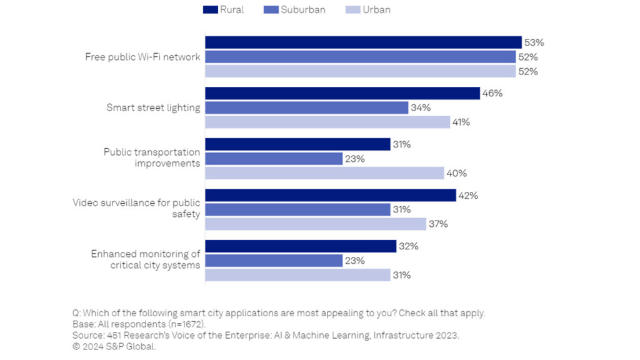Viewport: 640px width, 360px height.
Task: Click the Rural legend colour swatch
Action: pyautogui.click(x=211, y=10)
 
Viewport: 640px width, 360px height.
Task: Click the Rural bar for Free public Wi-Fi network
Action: pyautogui.click(x=363, y=42)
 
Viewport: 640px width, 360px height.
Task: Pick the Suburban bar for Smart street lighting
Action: pyautogui.click(x=306, y=107)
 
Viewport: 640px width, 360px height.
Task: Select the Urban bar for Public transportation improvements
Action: pyautogui.click(x=324, y=173)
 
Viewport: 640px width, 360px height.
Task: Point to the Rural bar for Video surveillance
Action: pyautogui.click(x=331, y=195)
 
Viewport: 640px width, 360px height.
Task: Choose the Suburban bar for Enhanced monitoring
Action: pyautogui.click(x=274, y=261)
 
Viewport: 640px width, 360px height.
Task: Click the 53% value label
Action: pyautogui.click(x=534, y=42)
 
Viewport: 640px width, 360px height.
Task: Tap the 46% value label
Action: pyautogui.click(x=492, y=93)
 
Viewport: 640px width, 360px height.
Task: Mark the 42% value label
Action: pyautogui.click(x=468, y=195)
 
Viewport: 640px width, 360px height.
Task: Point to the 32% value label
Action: pyautogui.click(x=409, y=246)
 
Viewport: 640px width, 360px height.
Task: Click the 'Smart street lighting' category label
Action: pyautogui.click(x=153, y=107)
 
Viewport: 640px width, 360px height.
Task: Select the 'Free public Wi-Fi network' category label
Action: pyautogui.click(x=142, y=57)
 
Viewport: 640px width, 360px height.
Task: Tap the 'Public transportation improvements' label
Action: pyautogui.click(x=152, y=157)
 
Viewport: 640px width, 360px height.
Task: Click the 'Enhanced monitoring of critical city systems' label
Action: pyautogui.click(x=146, y=259)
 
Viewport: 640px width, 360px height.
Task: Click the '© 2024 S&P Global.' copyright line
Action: pyautogui.click(x=114, y=346)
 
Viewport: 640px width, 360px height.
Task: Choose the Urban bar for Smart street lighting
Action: pyautogui.click(x=327, y=122)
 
